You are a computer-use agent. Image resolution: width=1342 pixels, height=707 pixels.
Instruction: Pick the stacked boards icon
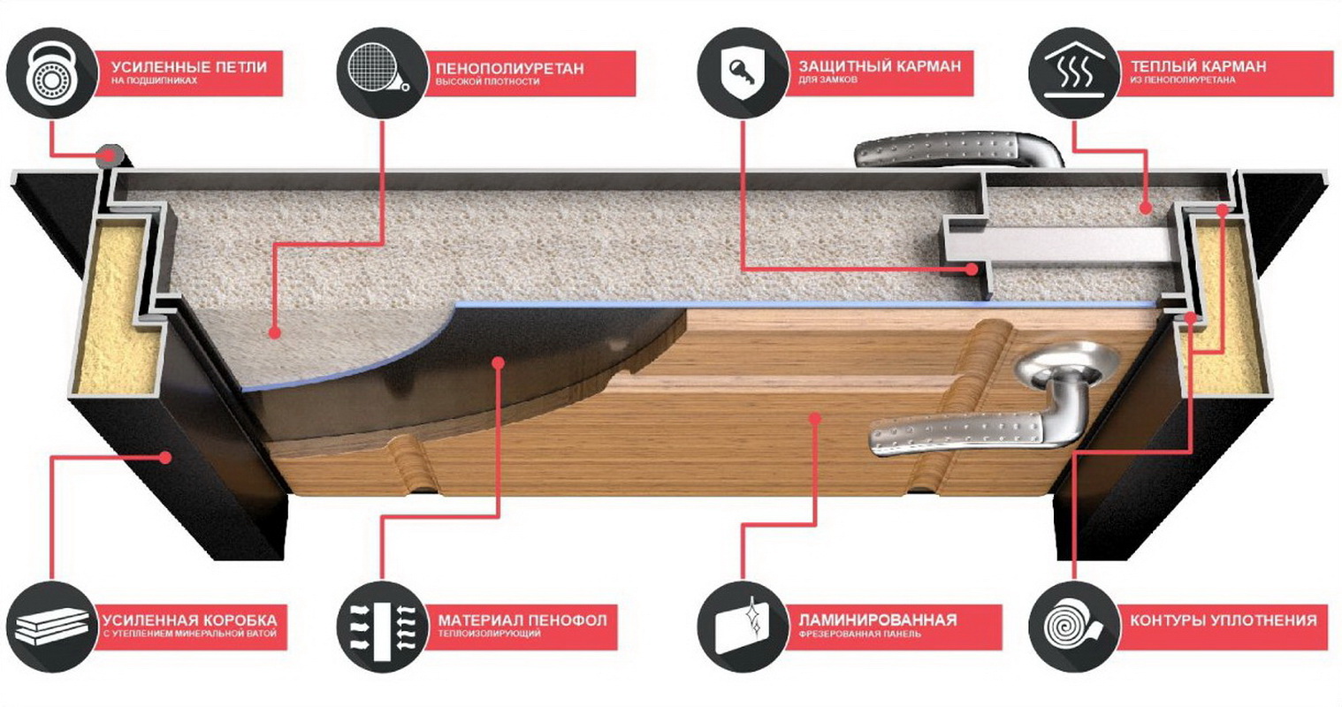click(x=52, y=627)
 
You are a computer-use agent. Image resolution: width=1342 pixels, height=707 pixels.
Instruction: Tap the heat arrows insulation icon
click(x=382, y=627)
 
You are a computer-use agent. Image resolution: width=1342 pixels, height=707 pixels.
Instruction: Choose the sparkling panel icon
click(x=743, y=627)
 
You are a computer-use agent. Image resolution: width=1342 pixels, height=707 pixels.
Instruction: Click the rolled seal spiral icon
click(x=1075, y=627)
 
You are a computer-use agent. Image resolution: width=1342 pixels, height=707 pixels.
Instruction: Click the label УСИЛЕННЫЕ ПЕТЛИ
click(x=189, y=66)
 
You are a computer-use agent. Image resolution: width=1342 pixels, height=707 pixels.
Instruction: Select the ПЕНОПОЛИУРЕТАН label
click(x=510, y=68)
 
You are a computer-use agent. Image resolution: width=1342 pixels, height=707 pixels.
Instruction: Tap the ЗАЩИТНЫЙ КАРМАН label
click(x=880, y=66)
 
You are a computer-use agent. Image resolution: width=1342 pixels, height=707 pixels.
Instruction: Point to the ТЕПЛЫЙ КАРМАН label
click(x=1198, y=66)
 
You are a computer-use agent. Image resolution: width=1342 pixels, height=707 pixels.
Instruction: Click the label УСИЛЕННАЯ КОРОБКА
click(x=189, y=620)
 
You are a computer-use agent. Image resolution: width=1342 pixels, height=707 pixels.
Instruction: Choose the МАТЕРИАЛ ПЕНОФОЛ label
click(x=522, y=620)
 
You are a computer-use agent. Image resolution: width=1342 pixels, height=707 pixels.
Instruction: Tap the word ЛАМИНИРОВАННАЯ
click(x=878, y=620)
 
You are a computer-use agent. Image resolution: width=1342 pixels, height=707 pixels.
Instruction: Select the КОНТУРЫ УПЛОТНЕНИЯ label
click(x=1224, y=620)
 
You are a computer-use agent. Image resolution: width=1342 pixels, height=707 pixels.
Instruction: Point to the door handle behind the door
click(x=958, y=149)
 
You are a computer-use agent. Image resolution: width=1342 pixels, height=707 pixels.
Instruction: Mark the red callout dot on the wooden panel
click(x=814, y=418)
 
